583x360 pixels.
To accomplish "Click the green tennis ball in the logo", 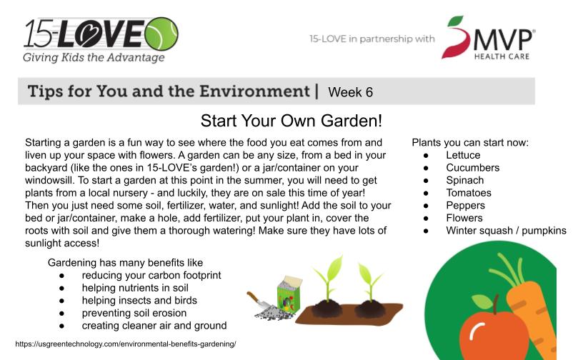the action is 161,34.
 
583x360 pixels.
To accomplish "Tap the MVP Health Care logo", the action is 489,38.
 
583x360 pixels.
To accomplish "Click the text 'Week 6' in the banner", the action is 350,92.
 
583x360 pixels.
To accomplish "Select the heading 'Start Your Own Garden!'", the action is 291,121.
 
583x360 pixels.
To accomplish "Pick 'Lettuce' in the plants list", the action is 463,155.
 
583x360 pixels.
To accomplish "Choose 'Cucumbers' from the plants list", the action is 472,168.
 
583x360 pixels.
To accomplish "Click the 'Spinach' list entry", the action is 465,181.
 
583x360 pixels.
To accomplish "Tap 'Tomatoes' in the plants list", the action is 469,193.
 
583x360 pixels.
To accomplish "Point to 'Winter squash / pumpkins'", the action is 506,231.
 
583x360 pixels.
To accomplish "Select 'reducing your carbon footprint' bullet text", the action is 151,275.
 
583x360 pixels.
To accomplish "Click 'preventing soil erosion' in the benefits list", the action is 134,313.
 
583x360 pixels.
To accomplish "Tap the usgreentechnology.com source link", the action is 126,344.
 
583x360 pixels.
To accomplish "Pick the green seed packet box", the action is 289,294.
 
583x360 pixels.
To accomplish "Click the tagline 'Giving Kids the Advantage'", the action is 94,58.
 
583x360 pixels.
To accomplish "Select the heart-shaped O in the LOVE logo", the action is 86,34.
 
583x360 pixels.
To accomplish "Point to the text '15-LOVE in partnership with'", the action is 372,39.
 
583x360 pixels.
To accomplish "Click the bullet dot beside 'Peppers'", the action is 426,206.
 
